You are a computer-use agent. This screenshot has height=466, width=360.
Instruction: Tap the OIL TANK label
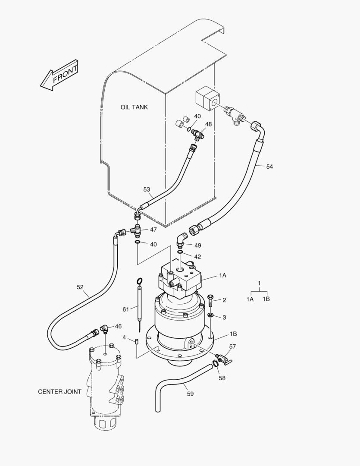(x=134, y=107)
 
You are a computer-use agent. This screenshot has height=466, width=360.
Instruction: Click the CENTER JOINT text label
(x=59, y=392)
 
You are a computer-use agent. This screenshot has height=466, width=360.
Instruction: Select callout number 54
(x=269, y=167)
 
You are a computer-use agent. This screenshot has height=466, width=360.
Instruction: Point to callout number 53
(x=147, y=189)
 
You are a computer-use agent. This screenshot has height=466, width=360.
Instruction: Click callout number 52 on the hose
(x=80, y=287)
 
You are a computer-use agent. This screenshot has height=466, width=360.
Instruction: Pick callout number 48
(x=208, y=124)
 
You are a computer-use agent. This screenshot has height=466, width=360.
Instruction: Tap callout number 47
(x=153, y=230)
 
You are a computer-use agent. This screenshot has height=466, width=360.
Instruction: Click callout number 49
(x=197, y=245)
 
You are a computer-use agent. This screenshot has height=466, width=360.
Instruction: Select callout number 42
(x=197, y=256)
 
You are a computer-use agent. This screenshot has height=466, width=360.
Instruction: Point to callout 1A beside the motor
(x=222, y=275)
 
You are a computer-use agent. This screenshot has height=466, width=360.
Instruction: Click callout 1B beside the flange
(x=233, y=334)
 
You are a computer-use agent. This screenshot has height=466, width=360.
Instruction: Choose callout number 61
(x=126, y=309)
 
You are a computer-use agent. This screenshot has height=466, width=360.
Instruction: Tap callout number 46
(x=118, y=327)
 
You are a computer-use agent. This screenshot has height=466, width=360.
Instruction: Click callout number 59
(x=190, y=393)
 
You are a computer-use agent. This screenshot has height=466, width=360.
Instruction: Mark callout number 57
(x=233, y=346)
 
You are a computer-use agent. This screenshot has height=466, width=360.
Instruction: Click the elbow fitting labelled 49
(x=182, y=239)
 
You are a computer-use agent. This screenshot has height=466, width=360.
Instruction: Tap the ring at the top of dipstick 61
(x=140, y=282)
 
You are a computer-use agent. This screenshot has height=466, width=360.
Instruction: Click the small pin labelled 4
(x=137, y=342)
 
